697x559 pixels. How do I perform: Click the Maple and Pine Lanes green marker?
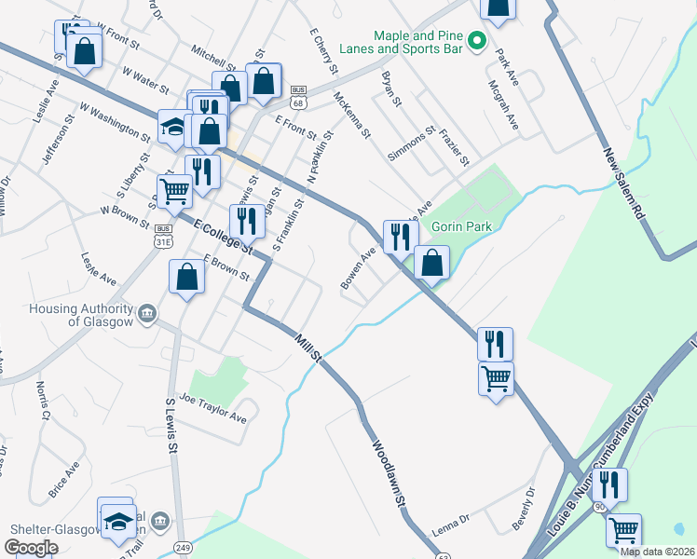pos(477,40)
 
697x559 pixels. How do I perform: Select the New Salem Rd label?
pos(623,184)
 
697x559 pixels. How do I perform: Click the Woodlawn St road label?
pos(391,474)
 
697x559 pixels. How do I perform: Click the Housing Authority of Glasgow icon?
pos(147,315)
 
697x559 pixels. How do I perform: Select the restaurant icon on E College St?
pos(247,221)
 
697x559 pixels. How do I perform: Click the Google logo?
pos(32,548)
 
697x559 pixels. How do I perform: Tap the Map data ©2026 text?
pos(657,552)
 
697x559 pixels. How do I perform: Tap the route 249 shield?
pos(184,548)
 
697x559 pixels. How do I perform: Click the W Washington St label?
pos(116,121)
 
